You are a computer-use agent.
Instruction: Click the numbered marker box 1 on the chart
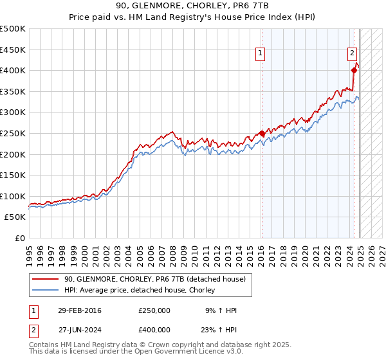pyautogui.click(x=261, y=54)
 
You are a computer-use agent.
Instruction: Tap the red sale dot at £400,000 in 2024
pyautogui.click(x=354, y=70)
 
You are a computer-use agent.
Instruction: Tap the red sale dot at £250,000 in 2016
pyautogui.click(x=261, y=134)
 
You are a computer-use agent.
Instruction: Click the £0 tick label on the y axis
pyautogui.click(x=20, y=238)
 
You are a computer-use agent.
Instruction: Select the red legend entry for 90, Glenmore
pyautogui.click(x=154, y=279)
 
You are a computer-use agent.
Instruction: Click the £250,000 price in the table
pyautogui.click(x=154, y=310)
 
